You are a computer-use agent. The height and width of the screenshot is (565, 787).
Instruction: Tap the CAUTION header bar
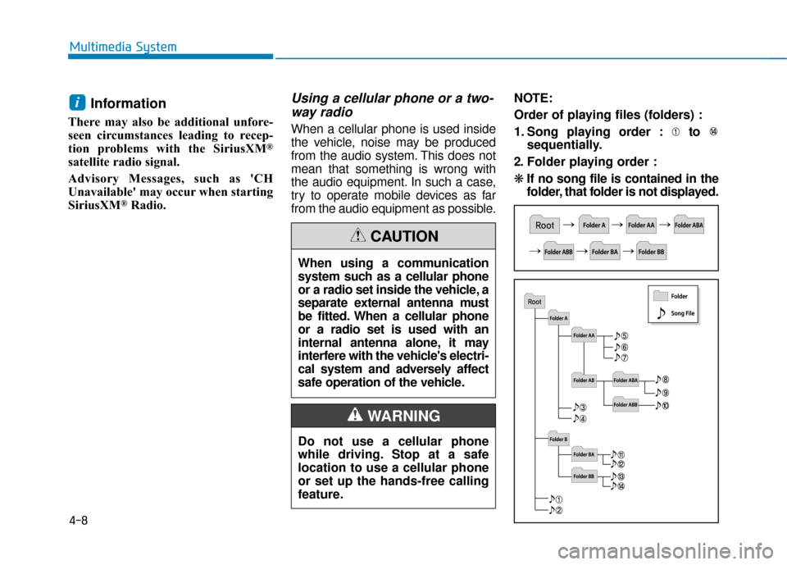click(393, 236)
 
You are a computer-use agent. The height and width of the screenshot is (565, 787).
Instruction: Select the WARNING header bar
click(393, 416)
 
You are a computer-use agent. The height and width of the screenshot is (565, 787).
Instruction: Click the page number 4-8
click(80, 519)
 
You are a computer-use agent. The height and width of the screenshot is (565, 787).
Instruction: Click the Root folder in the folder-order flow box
click(544, 225)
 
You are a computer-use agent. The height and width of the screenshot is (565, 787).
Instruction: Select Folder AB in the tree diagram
click(585, 380)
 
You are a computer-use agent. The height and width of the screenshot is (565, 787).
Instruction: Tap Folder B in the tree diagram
click(558, 439)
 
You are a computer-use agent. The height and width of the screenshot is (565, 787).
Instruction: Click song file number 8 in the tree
click(662, 379)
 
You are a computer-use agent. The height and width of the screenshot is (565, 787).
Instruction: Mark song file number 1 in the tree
click(554, 499)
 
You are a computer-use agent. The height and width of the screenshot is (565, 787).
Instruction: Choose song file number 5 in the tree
click(620, 335)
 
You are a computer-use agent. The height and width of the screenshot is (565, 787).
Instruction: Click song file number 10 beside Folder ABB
click(662, 406)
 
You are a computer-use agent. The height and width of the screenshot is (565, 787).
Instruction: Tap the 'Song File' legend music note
click(661, 312)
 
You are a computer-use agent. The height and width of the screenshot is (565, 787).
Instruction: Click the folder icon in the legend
click(660, 295)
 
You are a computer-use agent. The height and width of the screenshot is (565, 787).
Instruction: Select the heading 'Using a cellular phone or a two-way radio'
click(393, 104)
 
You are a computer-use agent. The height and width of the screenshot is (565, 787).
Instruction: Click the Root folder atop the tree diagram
click(535, 301)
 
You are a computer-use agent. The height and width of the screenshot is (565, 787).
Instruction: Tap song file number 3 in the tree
click(578, 408)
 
